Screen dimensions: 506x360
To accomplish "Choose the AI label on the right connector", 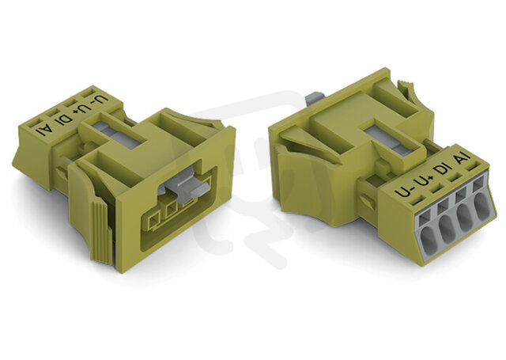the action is [462, 160].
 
